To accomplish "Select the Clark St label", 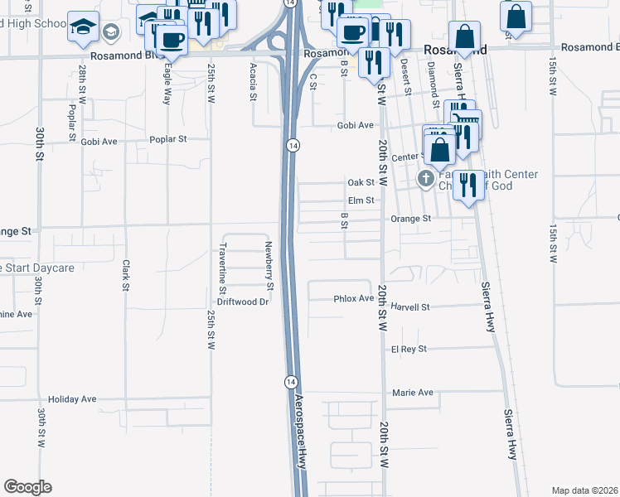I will pyautogui.click(x=127, y=275).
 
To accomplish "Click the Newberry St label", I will pyautogui.click(x=269, y=265).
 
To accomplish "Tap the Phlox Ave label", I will pyautogui.click(x=355, y=298).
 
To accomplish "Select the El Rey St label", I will pyautogui.click(x=409, y=350).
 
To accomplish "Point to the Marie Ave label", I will pyautogui.click(x=413, y=393).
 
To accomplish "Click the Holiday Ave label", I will pyautogui.click(x=72, y=399).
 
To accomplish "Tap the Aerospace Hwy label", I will pyautogui.click(x=301, y=430).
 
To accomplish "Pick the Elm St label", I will pyautogui.click(x=361, y=200).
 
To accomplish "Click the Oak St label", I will pyautogui.click(x=361, y=182).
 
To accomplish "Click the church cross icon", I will pyautogui.click(x=426, y=179).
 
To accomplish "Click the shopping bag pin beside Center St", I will pyautogui.click(x=440, y=150).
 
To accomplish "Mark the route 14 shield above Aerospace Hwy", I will pyautogui.click(x=290, y=381).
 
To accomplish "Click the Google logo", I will pyautogui.click(x=27, y=487).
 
